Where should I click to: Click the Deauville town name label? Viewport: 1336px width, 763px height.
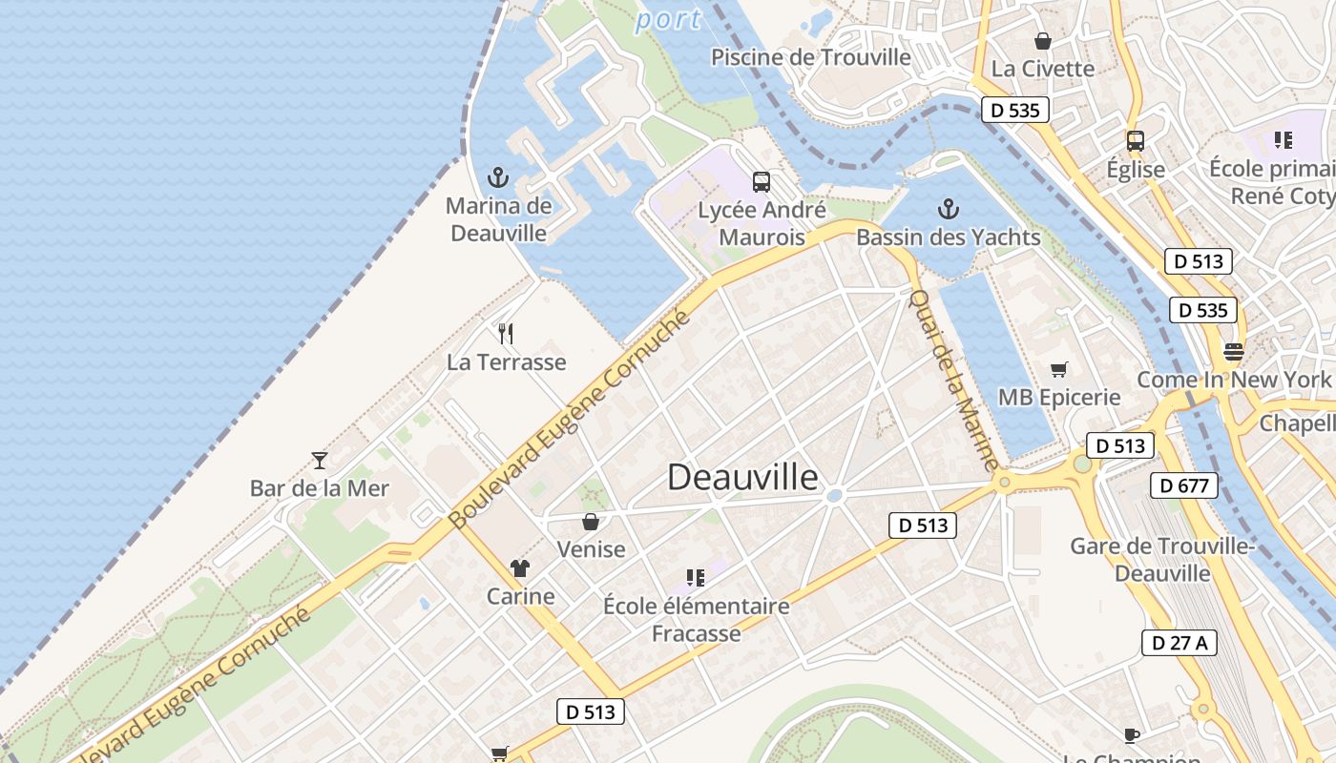click(x=742, y=477)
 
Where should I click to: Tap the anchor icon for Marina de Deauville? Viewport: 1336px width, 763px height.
click(x=497, y=176)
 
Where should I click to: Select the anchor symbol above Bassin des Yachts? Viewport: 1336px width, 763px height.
click(x=948, y=208)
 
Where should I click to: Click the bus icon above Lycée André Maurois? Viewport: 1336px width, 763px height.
click(x=761, y=181)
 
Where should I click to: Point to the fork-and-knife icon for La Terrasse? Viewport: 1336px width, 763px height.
click(x=506, y=333)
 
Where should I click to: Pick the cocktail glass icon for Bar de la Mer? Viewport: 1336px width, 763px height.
click(x=320, y=460)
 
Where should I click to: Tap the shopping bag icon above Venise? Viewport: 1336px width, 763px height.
click(x=591, y=521)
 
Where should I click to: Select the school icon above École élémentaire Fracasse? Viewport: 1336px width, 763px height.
click(x=696, y=577)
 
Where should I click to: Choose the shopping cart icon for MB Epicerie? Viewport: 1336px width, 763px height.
click(x=1058, y=369)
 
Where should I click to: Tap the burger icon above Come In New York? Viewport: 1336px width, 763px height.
click(x=1233, y=351)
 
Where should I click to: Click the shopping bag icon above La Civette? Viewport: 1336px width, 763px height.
click(x=1042, y=41)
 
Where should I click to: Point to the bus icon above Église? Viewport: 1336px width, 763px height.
click(x=1135, y=141)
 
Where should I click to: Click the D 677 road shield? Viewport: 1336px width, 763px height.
click(x=1184, y=485)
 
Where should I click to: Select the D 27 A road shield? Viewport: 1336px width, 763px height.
click(x=1179, y=643)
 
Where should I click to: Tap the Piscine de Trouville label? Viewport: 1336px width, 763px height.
click(x=811, y=57)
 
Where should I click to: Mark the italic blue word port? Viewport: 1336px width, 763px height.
click(x=668, y=19)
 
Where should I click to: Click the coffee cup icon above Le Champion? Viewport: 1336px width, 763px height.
click(x=1132, y=734)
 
